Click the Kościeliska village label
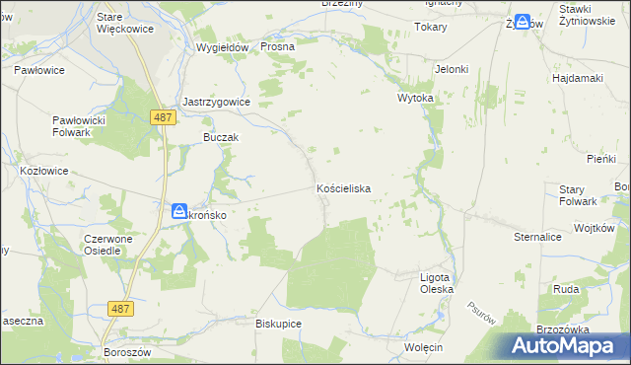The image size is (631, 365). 343,187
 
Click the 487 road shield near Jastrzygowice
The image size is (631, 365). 164,116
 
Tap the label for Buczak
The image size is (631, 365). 221,138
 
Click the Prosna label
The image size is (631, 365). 278,46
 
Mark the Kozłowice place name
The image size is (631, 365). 44,170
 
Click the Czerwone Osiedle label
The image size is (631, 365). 115,245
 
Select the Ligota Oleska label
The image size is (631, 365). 437,284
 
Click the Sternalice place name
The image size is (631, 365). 537,238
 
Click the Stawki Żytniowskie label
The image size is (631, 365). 591,14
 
